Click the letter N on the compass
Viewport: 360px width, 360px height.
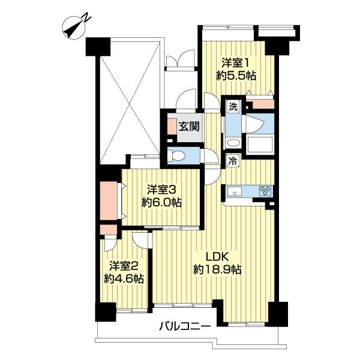[86, 17]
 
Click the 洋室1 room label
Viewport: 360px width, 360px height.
[236, 63]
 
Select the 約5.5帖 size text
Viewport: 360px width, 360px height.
[236, 76]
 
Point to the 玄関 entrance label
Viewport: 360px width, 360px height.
[189, 126]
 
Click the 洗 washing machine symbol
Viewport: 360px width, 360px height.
[233, 107]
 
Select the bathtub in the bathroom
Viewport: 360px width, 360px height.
[259, 145]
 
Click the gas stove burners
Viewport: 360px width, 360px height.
[266, 191]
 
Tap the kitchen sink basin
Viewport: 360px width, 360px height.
[234, 191]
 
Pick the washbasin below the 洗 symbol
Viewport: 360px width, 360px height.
[233, 143]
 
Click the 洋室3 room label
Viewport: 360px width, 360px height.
[161, 190]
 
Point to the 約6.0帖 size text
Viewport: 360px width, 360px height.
[161, 203]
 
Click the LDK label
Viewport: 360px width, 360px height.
[217, 257]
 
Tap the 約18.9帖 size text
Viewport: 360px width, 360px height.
[217, 269]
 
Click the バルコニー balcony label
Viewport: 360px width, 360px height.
[185, 326]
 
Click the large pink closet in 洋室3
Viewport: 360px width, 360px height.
[109, 201]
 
